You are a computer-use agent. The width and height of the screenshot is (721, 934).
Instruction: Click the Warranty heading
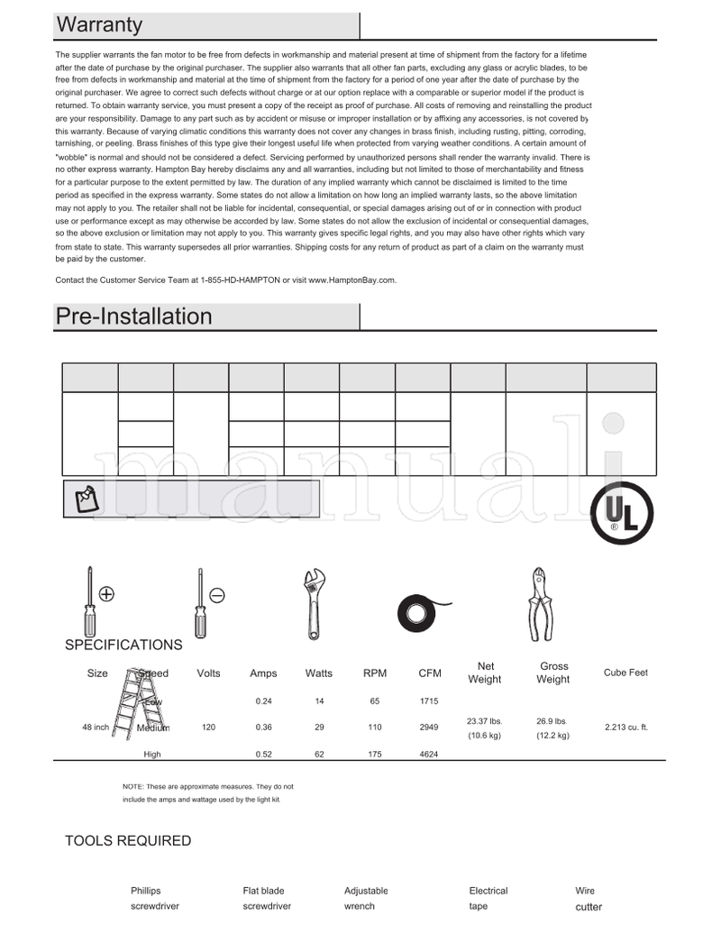coord(99,25)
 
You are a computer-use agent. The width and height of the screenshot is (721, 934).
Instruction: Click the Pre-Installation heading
coord(133,316)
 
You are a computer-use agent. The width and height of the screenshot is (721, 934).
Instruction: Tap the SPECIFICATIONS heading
coord(123,645)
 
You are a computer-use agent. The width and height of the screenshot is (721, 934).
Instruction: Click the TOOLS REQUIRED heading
coord(128,840)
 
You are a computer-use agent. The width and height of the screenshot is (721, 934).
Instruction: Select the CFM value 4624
coord(429,755)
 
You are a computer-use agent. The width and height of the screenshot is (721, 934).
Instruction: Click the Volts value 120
coord(208,727)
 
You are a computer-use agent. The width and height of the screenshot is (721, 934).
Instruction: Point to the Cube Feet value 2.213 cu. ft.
coord(625,727)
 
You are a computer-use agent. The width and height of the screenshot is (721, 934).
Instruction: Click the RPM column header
coord(375,673)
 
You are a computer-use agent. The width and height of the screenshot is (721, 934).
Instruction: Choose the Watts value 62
coord(319,755)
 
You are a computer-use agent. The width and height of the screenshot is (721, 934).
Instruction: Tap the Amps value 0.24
coord(264,700)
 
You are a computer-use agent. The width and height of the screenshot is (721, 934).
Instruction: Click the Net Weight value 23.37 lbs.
coord(484,721)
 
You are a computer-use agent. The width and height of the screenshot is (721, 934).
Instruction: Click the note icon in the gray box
coord(87,499)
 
